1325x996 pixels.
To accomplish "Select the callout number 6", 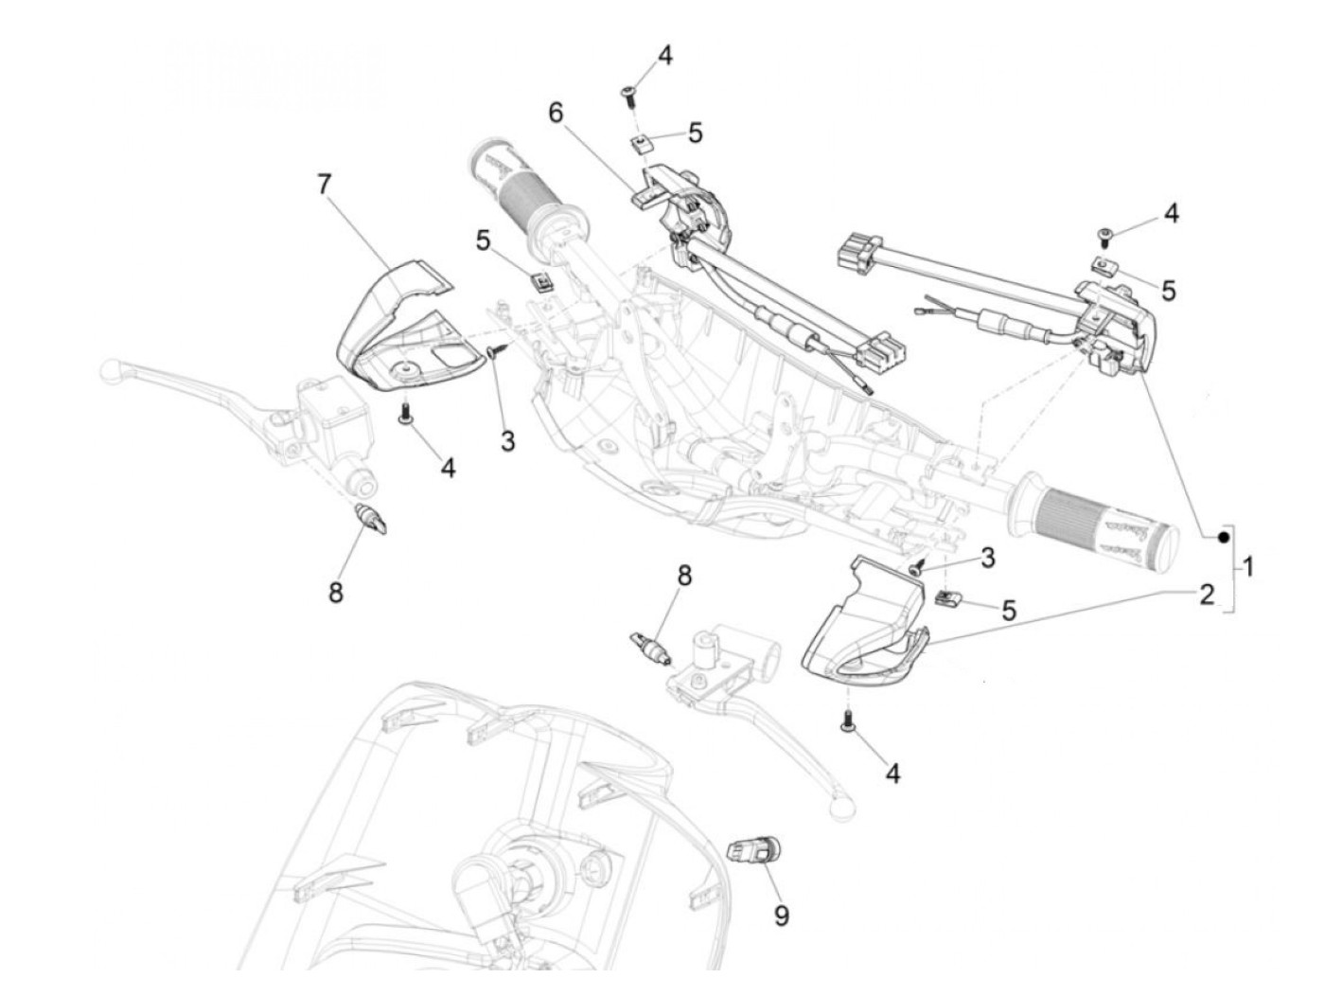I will coord(556,112).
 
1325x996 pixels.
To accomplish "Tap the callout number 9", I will coord(782,916).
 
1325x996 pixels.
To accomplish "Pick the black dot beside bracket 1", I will coord(1223,538).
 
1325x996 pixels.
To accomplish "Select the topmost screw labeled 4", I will coord(628,93).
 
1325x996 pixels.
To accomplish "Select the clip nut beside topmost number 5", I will coord(642,145).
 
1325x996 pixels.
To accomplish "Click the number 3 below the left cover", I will coord(508,440).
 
